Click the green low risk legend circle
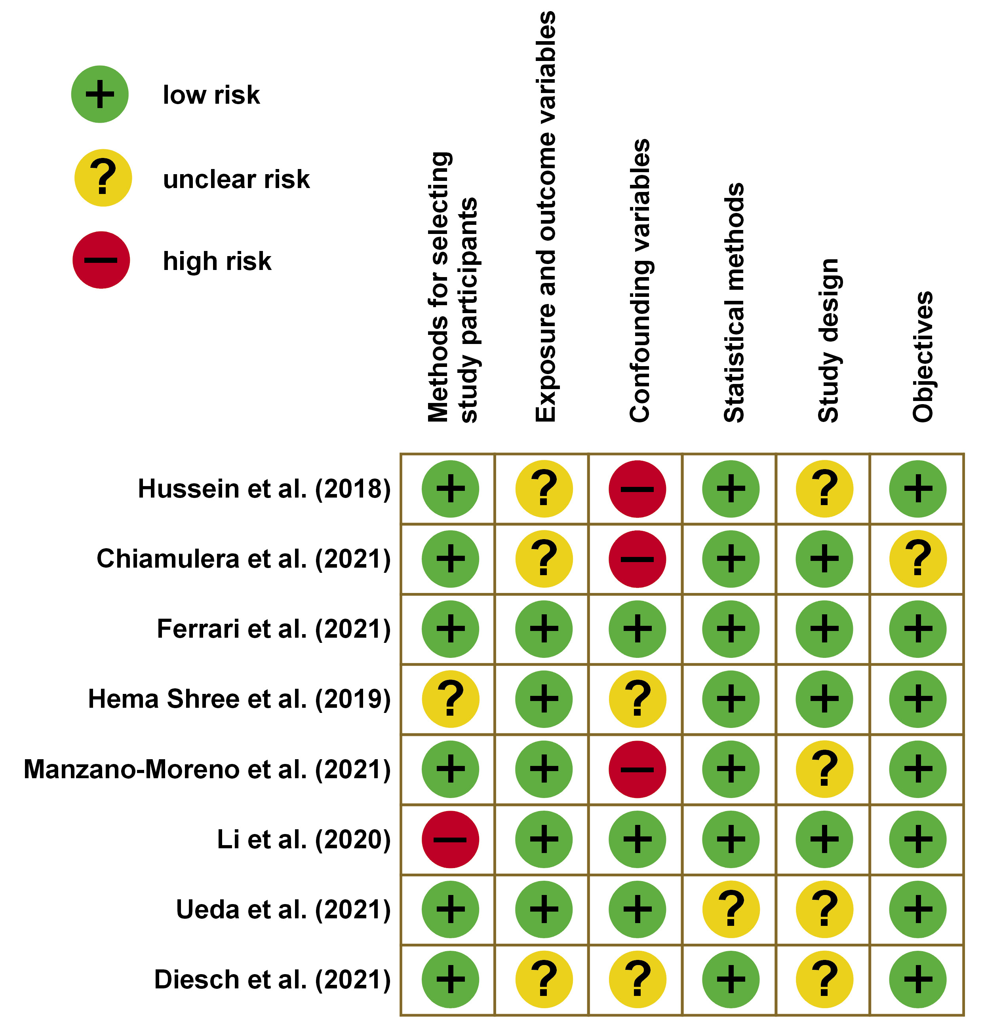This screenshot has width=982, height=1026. coord(99,94)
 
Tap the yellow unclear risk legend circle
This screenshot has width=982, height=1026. coord(103,178)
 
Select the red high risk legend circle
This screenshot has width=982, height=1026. coord(101,260)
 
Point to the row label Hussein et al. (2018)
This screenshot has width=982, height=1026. coord(265,489)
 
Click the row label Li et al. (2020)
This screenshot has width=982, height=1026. coord(304,839)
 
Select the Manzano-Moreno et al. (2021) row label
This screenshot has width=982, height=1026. coord(207,769)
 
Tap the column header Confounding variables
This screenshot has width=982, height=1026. coord(639,281)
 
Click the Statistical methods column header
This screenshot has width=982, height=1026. coord(733,302)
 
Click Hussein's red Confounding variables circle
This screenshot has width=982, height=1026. coord(638,489)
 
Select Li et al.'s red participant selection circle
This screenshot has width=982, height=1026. coord(450,839)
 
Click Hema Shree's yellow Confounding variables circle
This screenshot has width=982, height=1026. coord(638,699)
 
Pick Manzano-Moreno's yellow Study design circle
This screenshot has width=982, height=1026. coord(824,769)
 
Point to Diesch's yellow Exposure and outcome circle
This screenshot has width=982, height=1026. coord(544,979)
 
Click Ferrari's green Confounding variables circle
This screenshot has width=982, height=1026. coord(638,629)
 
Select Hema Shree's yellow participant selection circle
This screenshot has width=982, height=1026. coord(450,699)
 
